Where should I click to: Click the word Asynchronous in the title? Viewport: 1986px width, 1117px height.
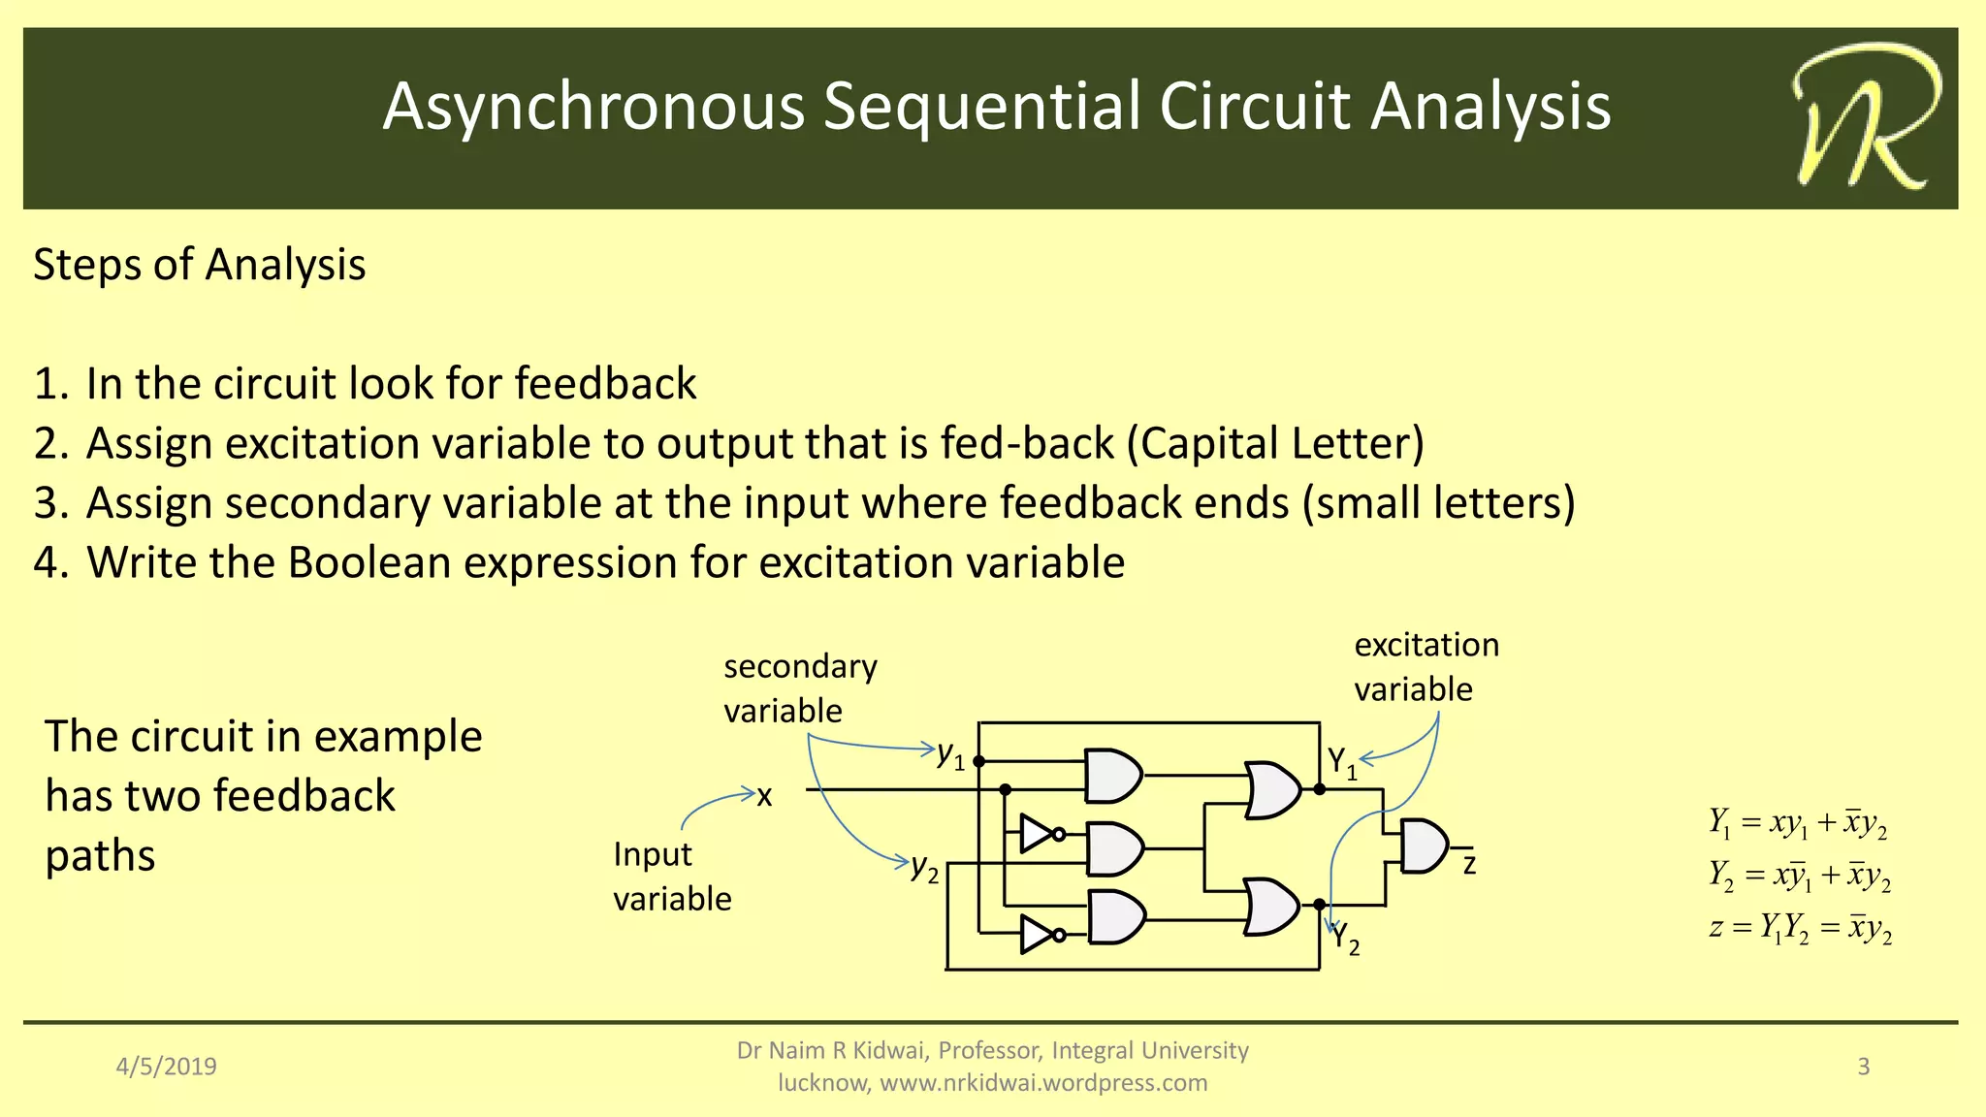pyautogui.click(x=593, y=106)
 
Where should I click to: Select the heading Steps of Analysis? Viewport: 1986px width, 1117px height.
pyautogui.click(x=200, y=265)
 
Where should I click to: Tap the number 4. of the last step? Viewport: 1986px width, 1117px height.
pyautogui.click(x=50, y=563)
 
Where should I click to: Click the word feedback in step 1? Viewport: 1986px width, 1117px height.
pyautogui.click(x=605, y=384)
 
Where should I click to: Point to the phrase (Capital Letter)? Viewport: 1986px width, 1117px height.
pyautogui.click(x=1275, y=444)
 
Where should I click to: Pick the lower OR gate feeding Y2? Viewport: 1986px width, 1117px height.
pyautogui.click(x=1270, y=907)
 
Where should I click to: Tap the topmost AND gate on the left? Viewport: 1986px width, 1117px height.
pyautogui.click(x=1112, y=775)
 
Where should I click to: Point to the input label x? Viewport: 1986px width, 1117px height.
pyautogui.click(x=764, y=796)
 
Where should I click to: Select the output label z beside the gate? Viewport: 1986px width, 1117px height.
pyautogui.click(x=1469, y=864)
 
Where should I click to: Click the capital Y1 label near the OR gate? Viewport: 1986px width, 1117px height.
pyautogui.click(x=1341, y=762)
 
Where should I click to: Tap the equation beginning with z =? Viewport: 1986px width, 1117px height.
pyautogui.click(x=1800, y=928)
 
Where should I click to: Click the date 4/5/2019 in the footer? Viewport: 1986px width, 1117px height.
pyautogui.click(x=167, y=1067)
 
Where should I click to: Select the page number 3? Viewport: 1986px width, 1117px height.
pyautogui.click(x=1863, y=1067)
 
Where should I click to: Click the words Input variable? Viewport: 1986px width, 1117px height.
pyautogui.click(x=671, y=877)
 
